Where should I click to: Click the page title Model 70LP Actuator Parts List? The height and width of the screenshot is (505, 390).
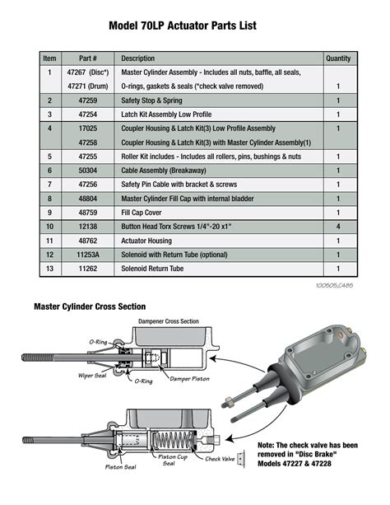[194, 26]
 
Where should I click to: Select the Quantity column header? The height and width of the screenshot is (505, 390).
[337, 58]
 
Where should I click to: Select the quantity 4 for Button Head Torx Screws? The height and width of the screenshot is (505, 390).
[337, 226]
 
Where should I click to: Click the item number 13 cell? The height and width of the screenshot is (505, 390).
[50, 269]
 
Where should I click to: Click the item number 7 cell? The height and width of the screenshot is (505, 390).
[50, 184]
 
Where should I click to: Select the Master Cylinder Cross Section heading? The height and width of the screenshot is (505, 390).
[90, 306]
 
